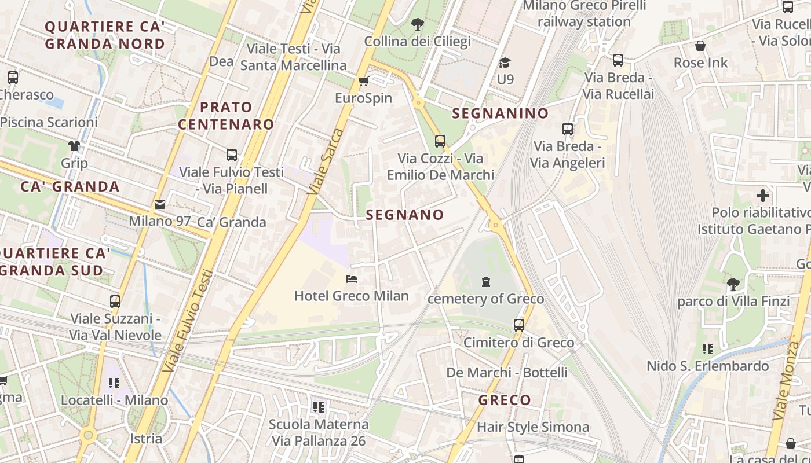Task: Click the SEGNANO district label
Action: coord(405,215)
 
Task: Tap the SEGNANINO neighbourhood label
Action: coord(500,113)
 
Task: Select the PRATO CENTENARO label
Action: coord(226,116)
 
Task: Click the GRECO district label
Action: coord(505,400)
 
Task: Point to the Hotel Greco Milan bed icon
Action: coord(352,279)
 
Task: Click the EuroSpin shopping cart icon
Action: coord(363,82)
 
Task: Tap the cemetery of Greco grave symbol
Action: coord(485,282)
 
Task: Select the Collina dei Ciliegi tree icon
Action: coord(417,24)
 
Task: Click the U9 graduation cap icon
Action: coord(505,63)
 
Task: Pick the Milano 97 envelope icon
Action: coord(159,204)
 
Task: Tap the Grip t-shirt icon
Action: coord(74,145)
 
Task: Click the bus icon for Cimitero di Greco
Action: coord(518,325)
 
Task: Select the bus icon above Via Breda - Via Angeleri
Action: coord(567,129)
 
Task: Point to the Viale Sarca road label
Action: coord(327,161)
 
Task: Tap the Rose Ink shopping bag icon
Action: coord(700,46)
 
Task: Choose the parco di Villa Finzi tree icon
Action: coord(733,284)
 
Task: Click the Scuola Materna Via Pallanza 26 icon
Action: coord(318,407)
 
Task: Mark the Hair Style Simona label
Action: coord(533,427)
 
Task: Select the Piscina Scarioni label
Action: coord(49,122)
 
